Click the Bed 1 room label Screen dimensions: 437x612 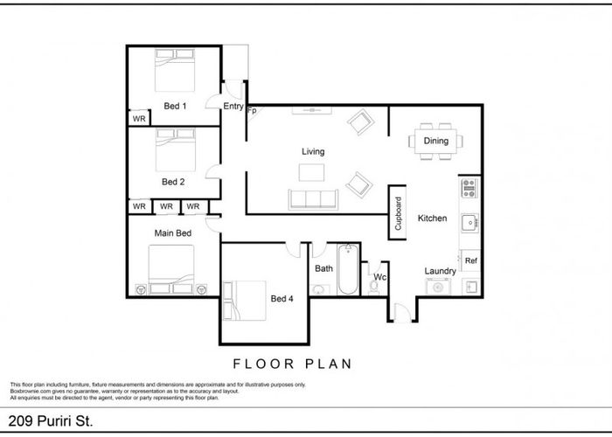175,106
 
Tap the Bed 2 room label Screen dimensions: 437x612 173,182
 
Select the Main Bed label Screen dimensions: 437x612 172,233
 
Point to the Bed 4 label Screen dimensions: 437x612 282,299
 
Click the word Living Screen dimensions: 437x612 313,151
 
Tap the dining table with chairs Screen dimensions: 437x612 435,141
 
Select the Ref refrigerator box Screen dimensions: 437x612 470,260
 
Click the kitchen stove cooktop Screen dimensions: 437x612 469,187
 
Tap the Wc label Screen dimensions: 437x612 379,277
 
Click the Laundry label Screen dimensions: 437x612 440,271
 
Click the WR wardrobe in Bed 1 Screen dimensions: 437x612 138,118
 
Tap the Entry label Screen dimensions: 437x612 233,107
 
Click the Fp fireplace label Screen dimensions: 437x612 252,112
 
